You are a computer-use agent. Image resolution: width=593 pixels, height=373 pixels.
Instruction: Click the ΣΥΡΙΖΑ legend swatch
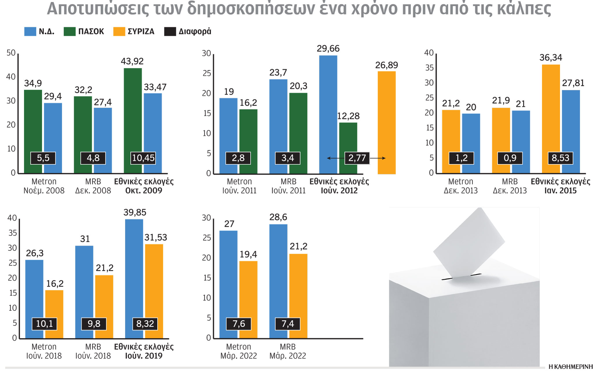tap(119, 32)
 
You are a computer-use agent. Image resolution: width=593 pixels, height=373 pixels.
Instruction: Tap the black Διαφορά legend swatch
tap(170, 32)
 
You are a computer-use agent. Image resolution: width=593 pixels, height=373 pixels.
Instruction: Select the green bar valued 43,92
tap(133, 110)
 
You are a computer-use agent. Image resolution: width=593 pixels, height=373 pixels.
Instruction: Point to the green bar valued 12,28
tap(348, 139)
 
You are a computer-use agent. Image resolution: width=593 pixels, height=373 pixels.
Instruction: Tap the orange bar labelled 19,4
tap(248, 290)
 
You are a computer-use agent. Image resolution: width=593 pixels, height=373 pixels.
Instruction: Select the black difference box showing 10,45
tap(143, 158)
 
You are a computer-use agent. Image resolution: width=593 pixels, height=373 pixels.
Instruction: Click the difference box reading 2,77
tap(357, 158)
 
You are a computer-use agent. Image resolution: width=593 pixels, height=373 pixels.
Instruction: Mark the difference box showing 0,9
tap(510, 158)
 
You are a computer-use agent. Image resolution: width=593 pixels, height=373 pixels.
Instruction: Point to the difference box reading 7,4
tap(288, 324)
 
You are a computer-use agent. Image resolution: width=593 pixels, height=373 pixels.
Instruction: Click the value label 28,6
tap(278, 217)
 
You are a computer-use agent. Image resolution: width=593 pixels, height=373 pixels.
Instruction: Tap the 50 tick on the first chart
tap(11, 53)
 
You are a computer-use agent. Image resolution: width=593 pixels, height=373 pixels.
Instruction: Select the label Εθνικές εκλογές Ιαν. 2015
tap(560, 186)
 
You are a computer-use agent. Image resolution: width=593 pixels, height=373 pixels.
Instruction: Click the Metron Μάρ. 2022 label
tap(239, 351)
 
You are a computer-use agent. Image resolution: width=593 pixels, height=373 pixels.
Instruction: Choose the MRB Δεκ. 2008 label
tap(93, 186)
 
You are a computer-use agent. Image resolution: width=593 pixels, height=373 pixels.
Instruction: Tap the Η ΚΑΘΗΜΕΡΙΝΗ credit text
tap(570, 367)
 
